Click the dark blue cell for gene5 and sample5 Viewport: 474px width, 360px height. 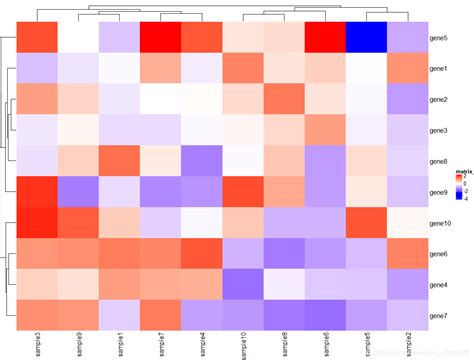[x=367, y=37]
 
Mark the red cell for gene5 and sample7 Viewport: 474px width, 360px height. [x=161, y=37]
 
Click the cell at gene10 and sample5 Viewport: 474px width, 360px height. [x=367, y=223]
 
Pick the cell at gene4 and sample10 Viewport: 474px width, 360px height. [x=243, y=285]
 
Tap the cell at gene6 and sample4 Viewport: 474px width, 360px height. [x=202, y=254]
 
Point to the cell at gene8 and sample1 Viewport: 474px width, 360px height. [x=120, y=161]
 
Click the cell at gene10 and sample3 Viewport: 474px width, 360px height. [x=37, y=223]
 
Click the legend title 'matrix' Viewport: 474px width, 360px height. [x=462, y=173]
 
